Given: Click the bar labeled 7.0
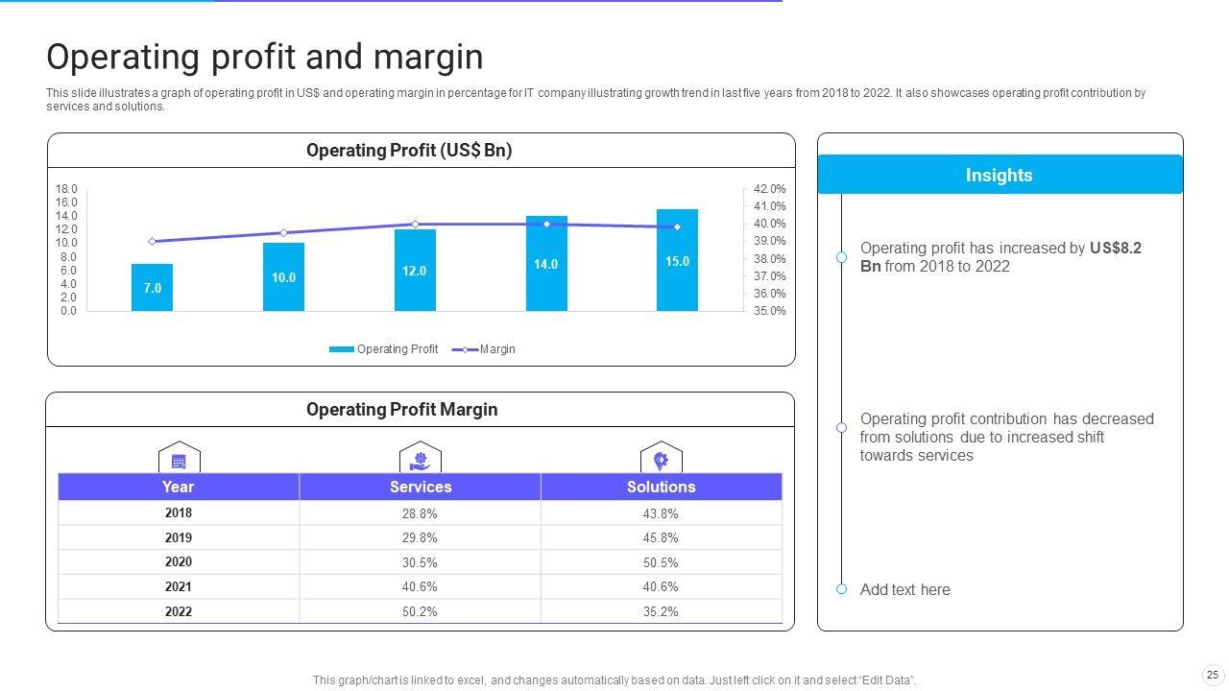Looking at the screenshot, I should pos(152,287).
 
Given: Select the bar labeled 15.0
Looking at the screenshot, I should pos(677,260).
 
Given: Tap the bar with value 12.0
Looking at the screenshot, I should pos(414,271).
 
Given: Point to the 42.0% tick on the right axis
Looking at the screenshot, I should pos(770,189).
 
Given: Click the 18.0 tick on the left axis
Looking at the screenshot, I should pos(66,189).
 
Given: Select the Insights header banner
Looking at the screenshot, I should pos(1000,175).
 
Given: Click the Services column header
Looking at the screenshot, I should pos(421,487).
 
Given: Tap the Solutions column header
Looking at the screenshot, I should pos(662,487).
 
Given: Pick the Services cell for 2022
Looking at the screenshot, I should pos(420,611).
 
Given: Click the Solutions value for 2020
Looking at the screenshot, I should pos(661,562).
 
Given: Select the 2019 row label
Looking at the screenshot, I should pos(179,537).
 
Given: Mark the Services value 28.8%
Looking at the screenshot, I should pos(420,513).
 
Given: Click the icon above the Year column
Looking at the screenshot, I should pos(179,460).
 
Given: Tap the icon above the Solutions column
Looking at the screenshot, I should pos(661,460).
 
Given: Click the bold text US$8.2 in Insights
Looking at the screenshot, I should pos(1116,248).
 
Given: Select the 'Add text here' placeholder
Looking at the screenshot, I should pos(905,589).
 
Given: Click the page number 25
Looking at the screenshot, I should pos(1212,675).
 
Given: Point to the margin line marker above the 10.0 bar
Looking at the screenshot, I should pos(283,233).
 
